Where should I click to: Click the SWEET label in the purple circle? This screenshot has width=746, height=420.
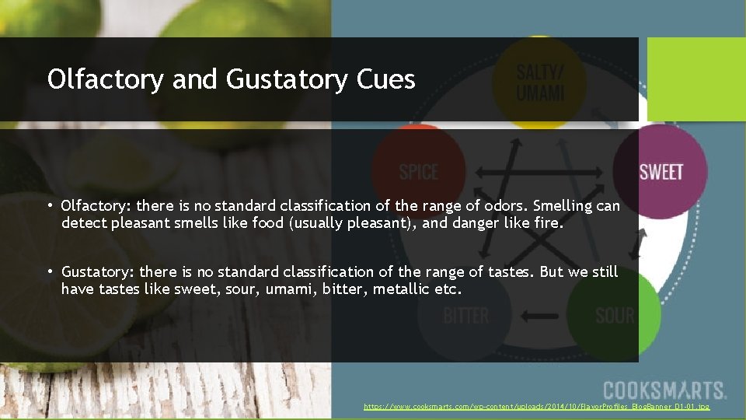pyautogui.click(x=661, y=172)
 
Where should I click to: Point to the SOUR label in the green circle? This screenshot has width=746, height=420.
pyautogui.click(x=615, y=316)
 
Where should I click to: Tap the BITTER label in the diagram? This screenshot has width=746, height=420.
pyautogui.click(x=465, y=316)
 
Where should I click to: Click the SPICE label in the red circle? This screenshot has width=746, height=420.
pyautogui.click(x=419, y=172)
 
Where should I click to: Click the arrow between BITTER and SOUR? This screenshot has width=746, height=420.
pyautogui.click(x=542, y=316)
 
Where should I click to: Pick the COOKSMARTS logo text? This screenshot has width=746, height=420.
pyautogui.click(x=664, y=390)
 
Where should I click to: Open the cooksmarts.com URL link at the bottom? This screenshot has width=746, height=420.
pyautogui.click(x=536, y=407)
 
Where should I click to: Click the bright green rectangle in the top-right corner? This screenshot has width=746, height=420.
pyautogui.click(x=695, y=79)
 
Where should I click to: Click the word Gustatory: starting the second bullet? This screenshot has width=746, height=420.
pyautogui.click(x=97, y=271)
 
